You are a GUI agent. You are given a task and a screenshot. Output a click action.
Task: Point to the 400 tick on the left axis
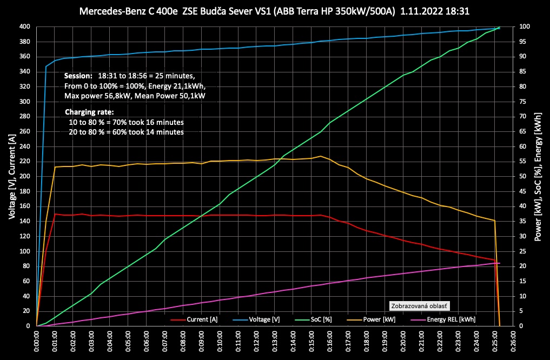(x=25, y=27)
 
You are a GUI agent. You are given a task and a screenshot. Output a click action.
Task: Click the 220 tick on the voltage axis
(x=25, y=162)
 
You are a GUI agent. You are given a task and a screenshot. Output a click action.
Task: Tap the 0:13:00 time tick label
(x=275, y=342)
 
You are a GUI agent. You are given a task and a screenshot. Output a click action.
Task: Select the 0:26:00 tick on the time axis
(x=513, y=342)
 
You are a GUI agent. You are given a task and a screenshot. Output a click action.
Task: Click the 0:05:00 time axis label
(x=128, y=342)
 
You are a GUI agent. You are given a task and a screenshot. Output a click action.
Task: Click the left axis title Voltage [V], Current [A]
(x=11, y=176)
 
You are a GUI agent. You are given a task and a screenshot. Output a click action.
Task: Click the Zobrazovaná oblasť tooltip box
(x=419, y=305)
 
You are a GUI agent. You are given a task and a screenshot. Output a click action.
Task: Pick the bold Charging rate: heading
(x=90, y=112)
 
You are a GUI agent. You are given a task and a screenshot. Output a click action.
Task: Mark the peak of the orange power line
(x=321, y=156)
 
